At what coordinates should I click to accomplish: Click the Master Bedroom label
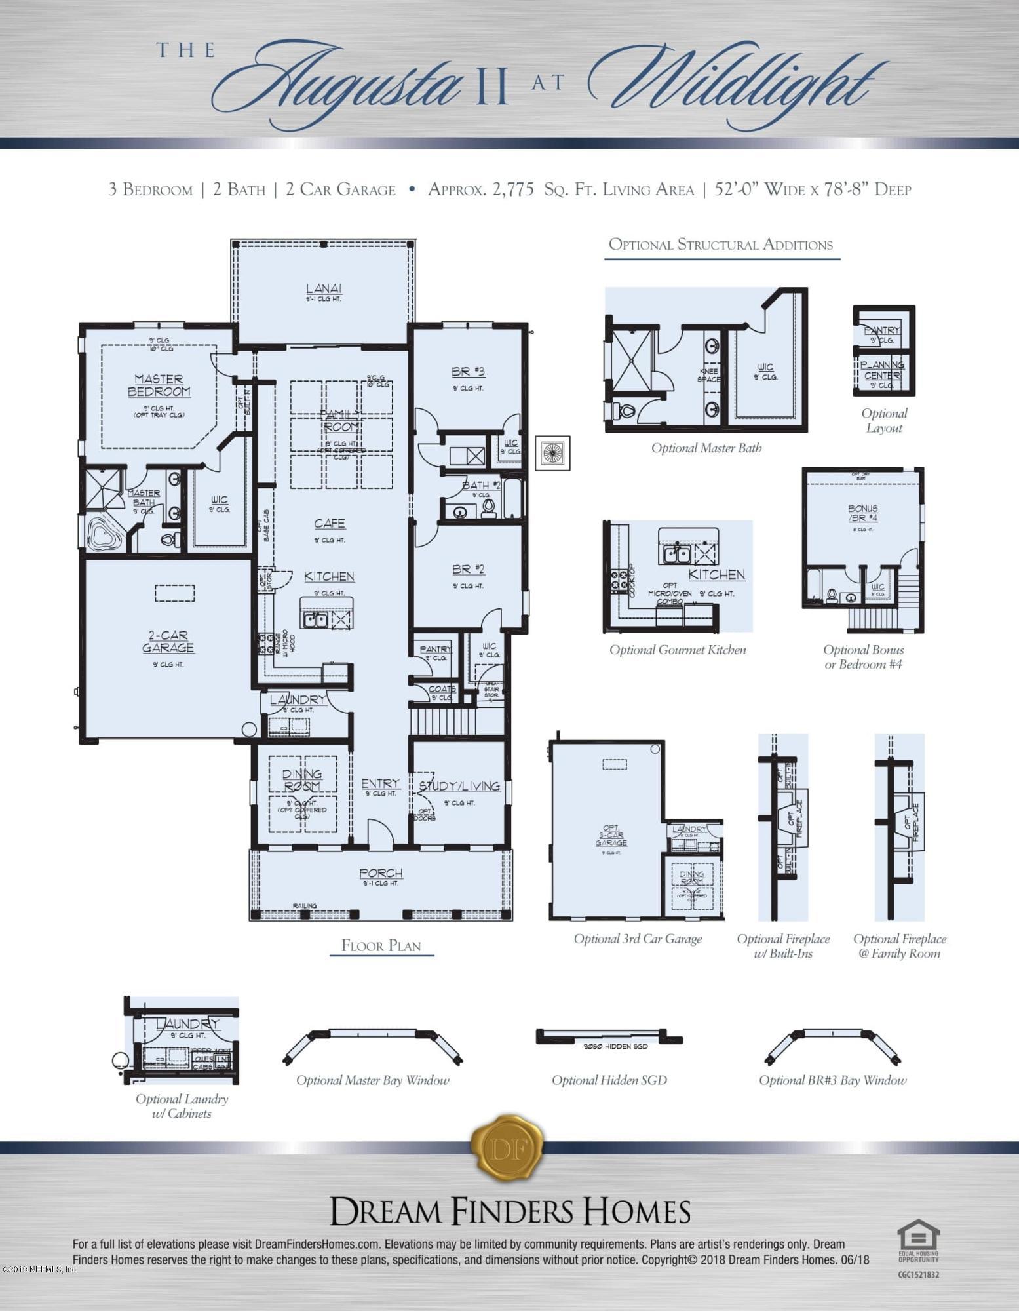[159, 385]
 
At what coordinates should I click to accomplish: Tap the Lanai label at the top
[324, 289]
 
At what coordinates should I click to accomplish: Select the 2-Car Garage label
[168, 642]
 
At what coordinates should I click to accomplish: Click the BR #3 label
[468, 372]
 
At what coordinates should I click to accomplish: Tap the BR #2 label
[468, 570]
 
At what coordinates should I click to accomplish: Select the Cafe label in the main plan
[330, 523]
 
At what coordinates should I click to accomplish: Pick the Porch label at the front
[381, 873]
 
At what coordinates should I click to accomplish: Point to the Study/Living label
[460, 786]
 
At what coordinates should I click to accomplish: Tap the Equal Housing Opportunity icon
[917, 1238]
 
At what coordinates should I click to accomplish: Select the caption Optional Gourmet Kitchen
[678, 650]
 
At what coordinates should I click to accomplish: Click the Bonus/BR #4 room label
[862, 513]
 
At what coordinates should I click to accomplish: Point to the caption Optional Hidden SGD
[609, 1080]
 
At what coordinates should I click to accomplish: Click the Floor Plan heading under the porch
[381, 945]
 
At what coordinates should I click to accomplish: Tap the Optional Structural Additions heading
[721, 245]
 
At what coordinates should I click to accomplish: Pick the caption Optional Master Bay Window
[373, 1080]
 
